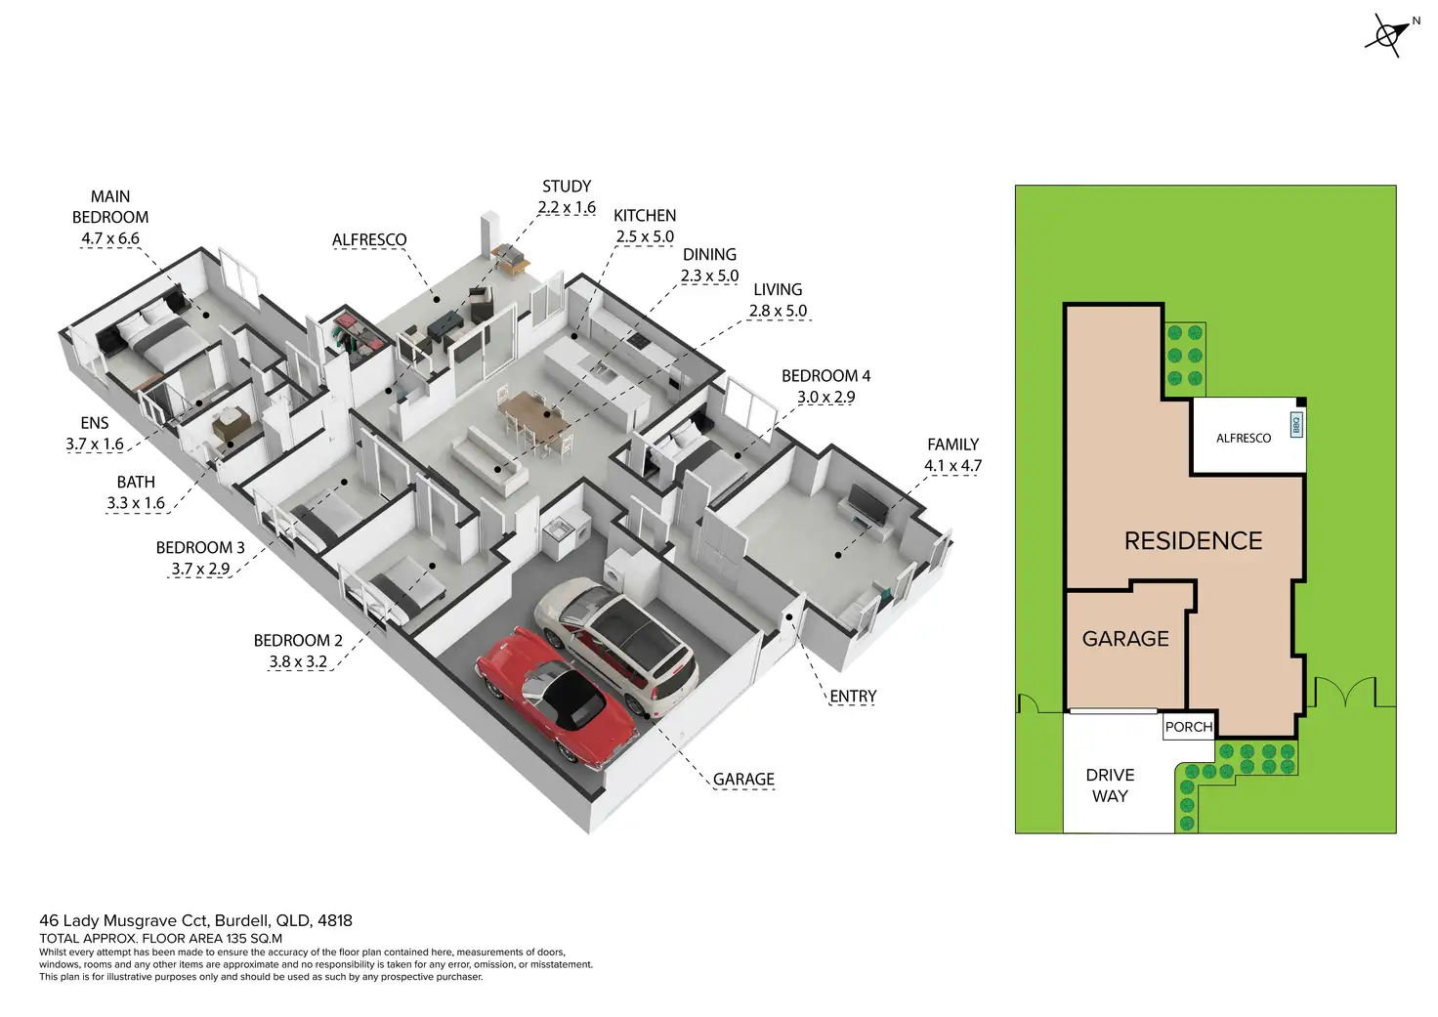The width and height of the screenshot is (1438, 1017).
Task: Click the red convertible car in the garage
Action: tap(553, 695)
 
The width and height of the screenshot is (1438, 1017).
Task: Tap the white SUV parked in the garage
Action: tap(617, 640)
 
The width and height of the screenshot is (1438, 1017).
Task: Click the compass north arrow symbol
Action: tap(1388, 35)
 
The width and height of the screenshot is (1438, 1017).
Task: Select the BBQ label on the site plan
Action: tap(1296, 425)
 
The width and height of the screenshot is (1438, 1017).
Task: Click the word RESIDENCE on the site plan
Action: tap(1193, 541)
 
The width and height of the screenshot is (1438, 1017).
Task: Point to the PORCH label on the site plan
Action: tap(1189, 727)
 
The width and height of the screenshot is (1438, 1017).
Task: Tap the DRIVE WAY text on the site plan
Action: tap(1110, 785)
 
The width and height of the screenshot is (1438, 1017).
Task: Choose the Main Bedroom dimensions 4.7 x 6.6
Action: tap(110, 238)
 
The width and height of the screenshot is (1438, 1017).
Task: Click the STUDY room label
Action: tap(567, 186)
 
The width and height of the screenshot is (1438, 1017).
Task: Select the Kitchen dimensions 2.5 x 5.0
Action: tap(645, 236)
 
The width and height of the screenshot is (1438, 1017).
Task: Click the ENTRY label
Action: tap(853, 697)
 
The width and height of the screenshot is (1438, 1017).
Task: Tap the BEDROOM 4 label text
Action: tap(825, 376)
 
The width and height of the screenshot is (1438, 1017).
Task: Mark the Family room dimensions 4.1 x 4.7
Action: tap(952, 466)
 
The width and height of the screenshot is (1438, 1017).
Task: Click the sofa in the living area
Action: tap(489, 459)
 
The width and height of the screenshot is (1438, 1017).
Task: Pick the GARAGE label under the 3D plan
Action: tap(743, 780)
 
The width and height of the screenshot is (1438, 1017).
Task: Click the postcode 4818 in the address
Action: tap(335, 920)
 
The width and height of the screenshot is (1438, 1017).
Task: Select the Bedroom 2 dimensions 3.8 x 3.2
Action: tap(298, 661)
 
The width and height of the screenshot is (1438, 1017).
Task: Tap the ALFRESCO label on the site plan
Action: tap(1244, 438)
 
